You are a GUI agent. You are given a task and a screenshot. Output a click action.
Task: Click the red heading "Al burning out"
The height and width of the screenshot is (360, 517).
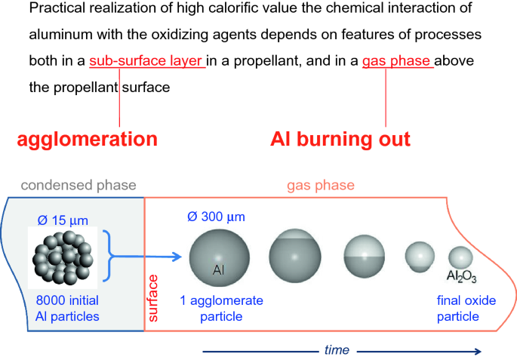click(x=340, y=139)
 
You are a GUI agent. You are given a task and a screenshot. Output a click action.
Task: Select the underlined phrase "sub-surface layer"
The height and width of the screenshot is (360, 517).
click(x=146, y=60)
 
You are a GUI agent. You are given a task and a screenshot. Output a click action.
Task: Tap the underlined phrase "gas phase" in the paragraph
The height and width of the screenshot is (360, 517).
click(x=397, y=60)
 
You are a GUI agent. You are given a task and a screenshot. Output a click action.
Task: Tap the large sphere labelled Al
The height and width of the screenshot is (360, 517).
click(x=217, y=257)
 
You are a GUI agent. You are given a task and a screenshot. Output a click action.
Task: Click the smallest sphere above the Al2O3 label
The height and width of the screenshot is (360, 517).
click(x=460, y=257)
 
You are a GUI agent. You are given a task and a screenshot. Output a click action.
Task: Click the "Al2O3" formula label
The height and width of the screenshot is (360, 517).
click(x=461, y=277)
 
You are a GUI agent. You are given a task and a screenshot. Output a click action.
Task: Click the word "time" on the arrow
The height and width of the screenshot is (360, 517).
click(x=337, y=349)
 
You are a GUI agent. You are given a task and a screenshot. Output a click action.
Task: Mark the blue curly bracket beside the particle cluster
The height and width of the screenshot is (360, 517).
click(x=117, y=257)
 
